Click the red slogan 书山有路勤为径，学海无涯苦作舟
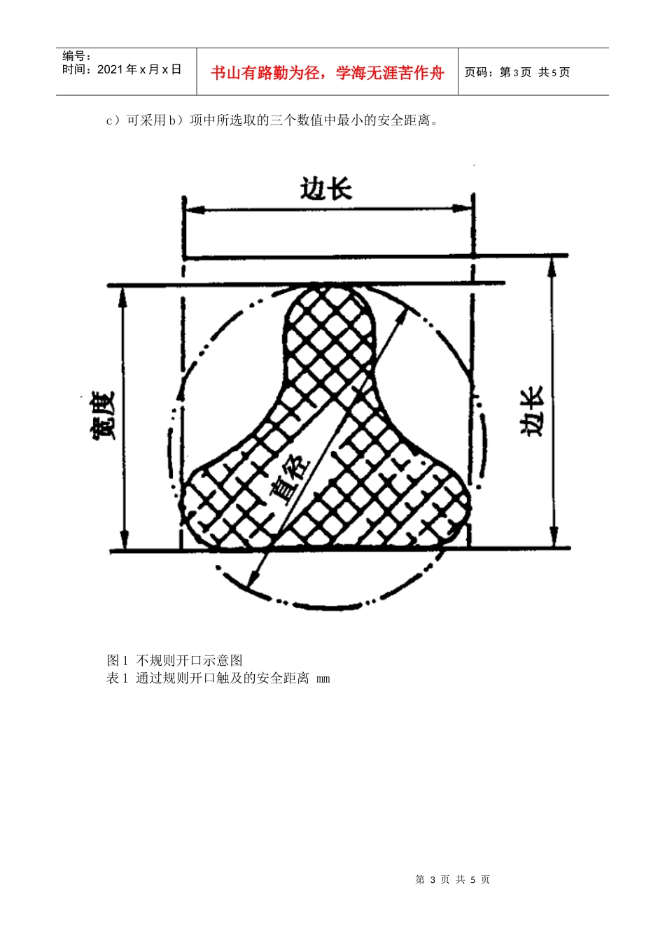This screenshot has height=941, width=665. point(327,73)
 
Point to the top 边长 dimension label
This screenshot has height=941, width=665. point(325,189)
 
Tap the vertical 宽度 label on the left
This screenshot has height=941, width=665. point(102,417)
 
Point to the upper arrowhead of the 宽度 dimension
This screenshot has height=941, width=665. point(123,295)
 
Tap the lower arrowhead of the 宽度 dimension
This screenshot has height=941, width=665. point(125,541)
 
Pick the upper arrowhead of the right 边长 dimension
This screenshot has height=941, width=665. point(552,265)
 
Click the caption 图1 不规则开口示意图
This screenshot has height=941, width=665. point(175,660)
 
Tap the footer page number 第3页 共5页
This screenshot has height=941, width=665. point(452,879)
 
